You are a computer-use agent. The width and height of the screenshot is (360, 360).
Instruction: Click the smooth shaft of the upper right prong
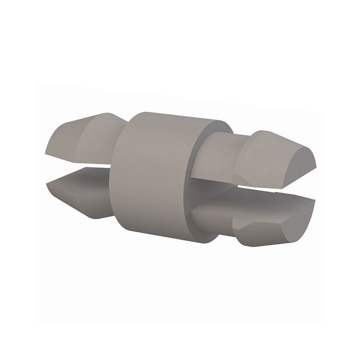[216, 153]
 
